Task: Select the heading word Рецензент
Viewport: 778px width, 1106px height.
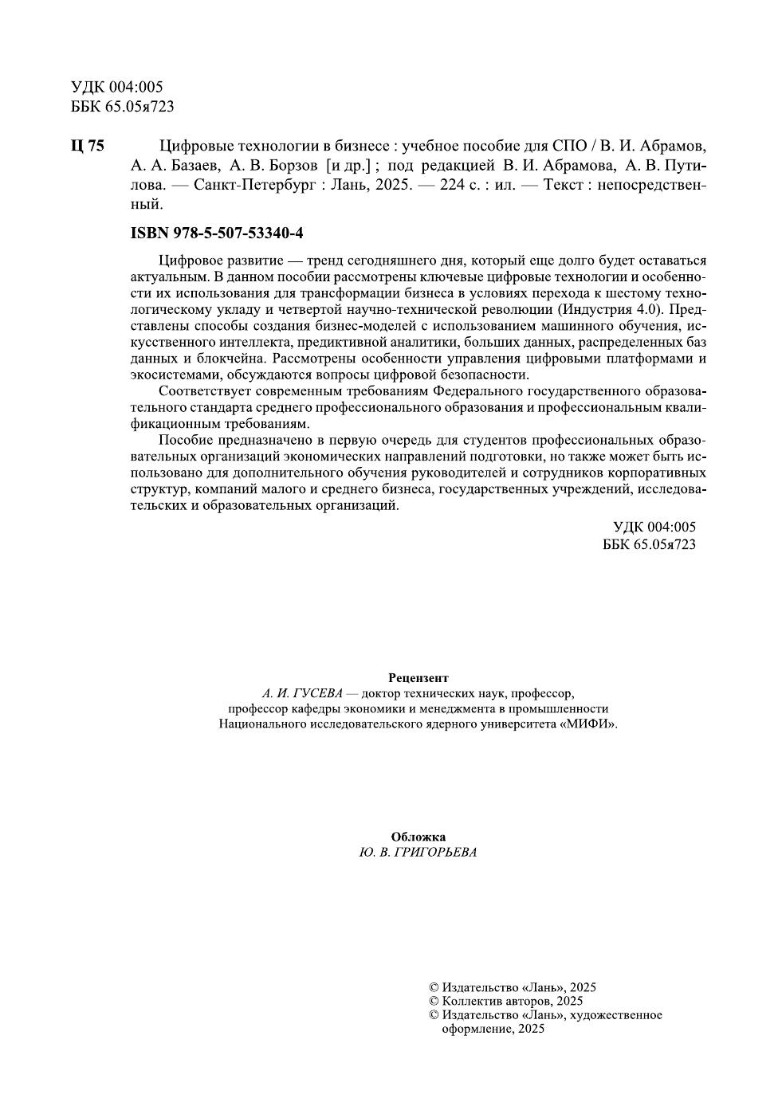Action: click(418, 678)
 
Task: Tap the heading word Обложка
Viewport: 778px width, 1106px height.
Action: click(418, 837)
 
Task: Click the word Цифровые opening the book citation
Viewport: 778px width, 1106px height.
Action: click(192, 147)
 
